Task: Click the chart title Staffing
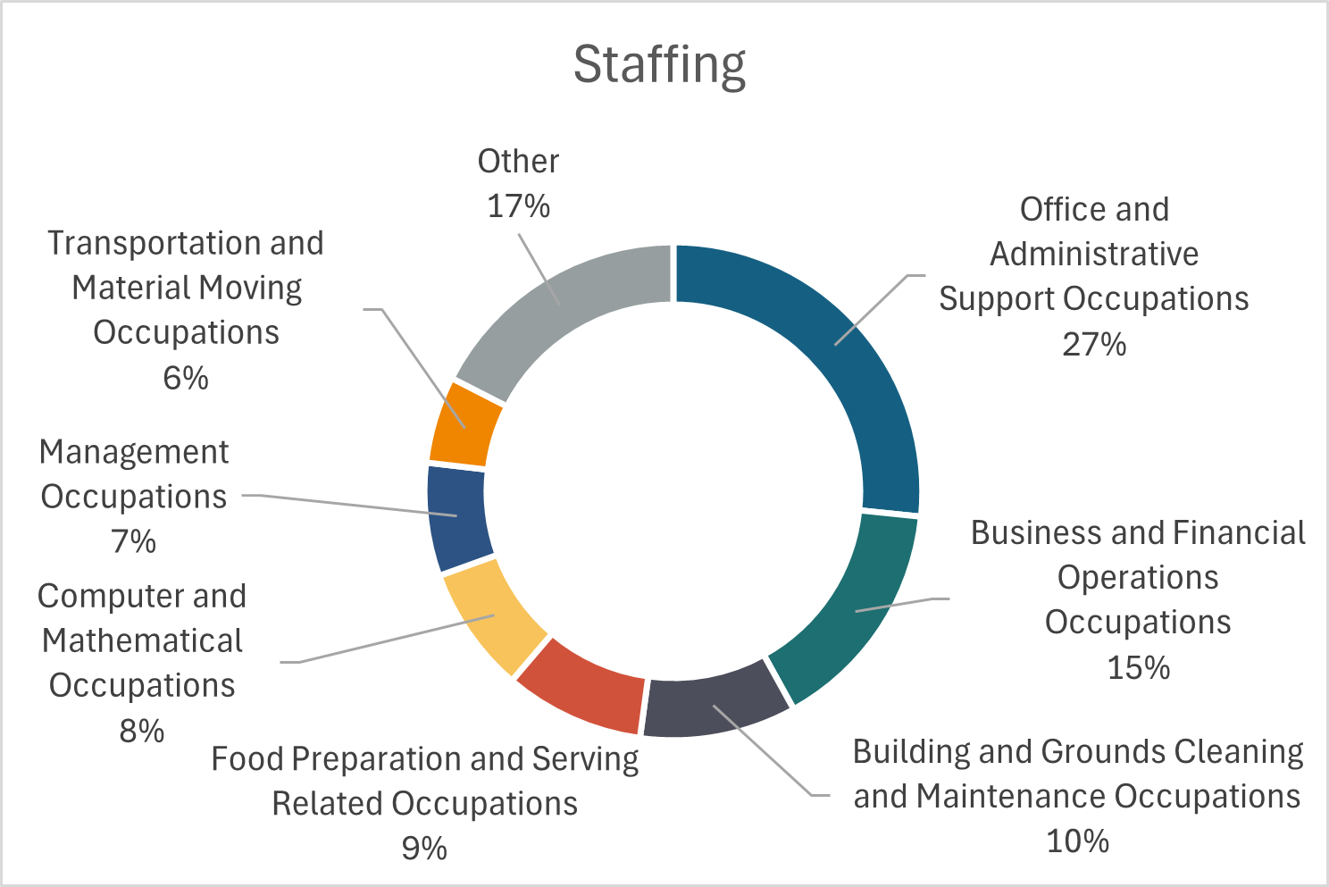click(x=659, y=64)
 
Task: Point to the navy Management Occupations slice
click(x=458, y=518)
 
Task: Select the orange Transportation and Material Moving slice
click(x=464, y=423)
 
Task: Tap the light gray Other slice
click(x=563, y=304)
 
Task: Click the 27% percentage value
click(x=1094, y=344)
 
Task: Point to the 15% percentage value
click(x=1138, y=667)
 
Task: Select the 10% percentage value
click(x=1077, y=841)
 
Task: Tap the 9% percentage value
click(x=424, y=848)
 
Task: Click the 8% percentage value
click(x=142, y=731)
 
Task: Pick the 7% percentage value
click(x=134, y=541)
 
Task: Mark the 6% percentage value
click(x=186, y=378)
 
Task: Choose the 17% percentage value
click(x=518, y=206)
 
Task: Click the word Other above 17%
click(x=518, y=162)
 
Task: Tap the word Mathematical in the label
click(x=143, y=640)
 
